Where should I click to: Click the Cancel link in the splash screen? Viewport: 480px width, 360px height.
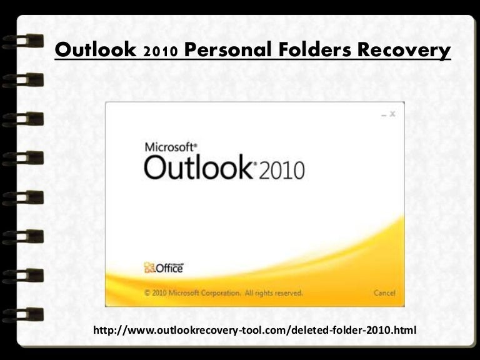coord(384,292)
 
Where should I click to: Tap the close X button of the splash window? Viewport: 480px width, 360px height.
coord(392,114)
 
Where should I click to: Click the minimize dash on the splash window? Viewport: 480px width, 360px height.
coord(382,114)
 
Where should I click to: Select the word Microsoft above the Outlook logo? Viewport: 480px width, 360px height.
coord(171,148)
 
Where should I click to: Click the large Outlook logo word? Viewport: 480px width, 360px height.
coord(197,167)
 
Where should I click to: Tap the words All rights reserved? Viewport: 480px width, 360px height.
coord(274,292)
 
